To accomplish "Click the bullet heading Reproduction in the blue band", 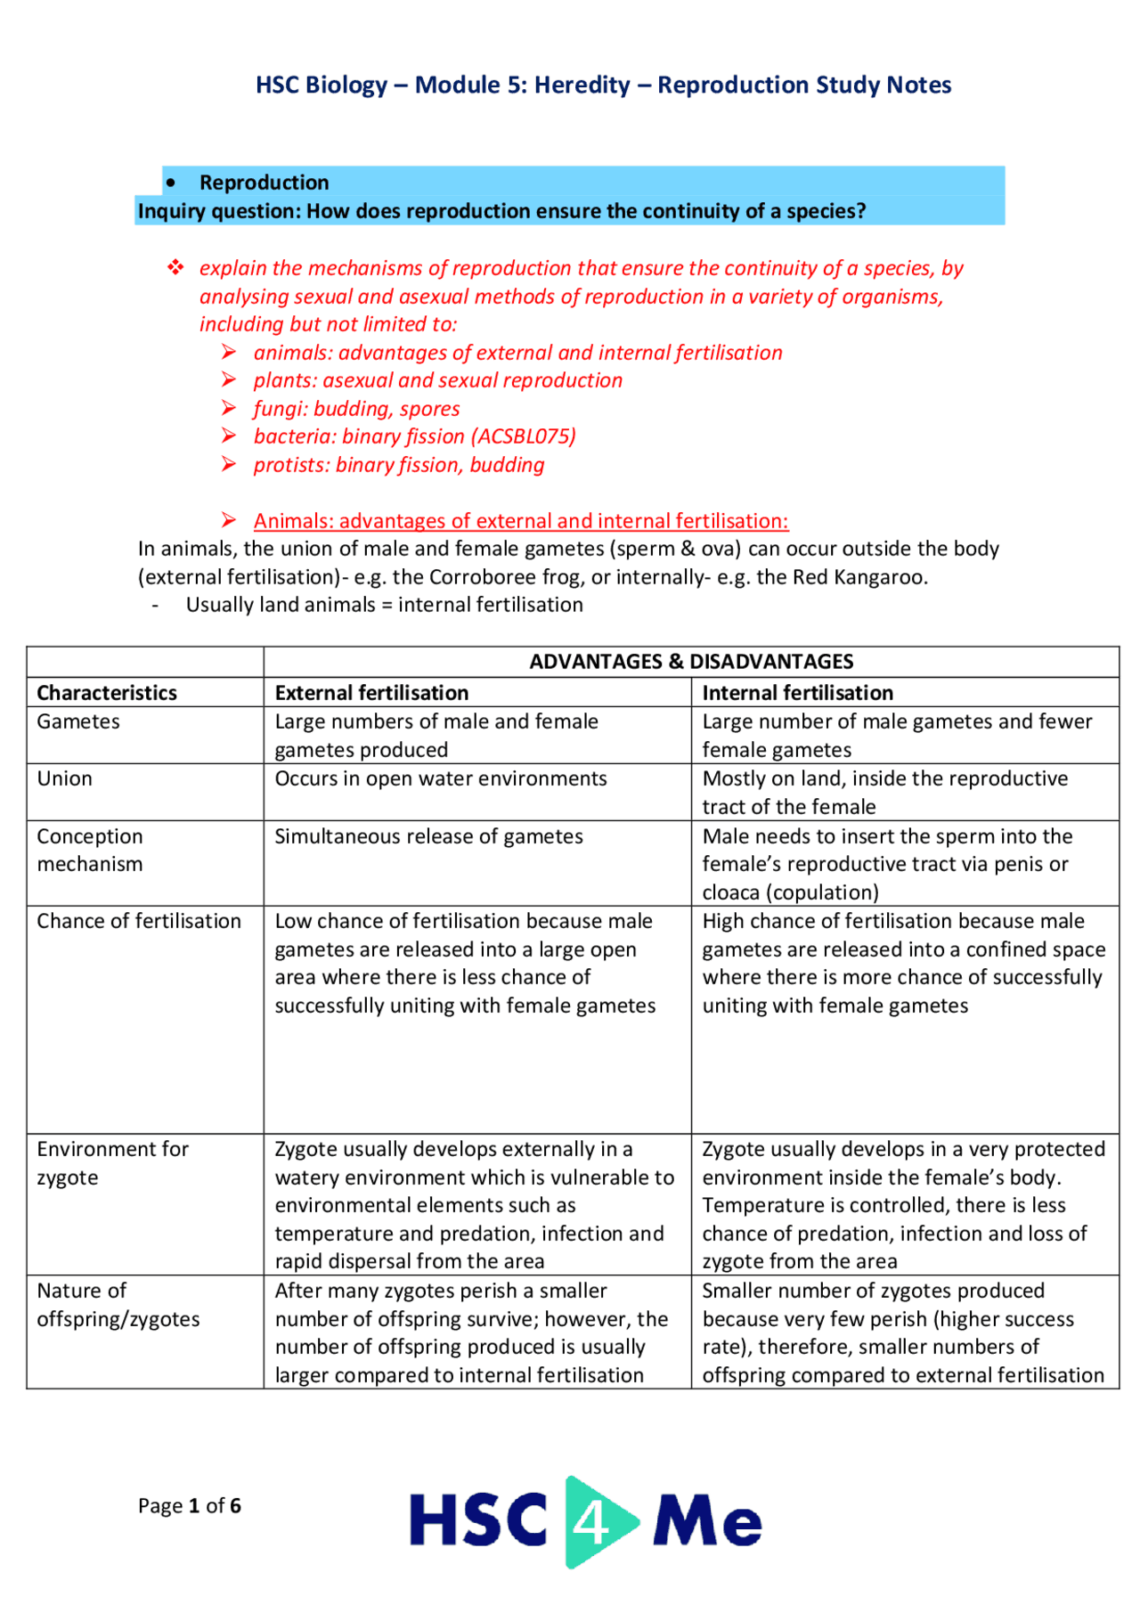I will click(x=264, y=183).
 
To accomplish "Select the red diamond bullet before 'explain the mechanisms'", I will click(x=175, y=267).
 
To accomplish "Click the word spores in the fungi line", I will click(x=429, y=409).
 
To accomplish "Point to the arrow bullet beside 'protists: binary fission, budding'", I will click(x=229, y=465).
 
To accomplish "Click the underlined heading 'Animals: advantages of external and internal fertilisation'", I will click(x=520, y=521).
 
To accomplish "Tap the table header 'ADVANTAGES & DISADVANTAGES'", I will click(x=691, y=662).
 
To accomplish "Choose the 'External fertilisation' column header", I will click(x=371, y=693).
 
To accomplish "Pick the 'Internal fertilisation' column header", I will click(x=797, y=693).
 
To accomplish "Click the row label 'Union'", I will click(x=64, y=778).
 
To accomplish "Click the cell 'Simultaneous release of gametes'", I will click(x=428, y=836).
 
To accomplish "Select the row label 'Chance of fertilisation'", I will click(x=139, y=921).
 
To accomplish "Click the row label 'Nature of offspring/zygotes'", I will click(x=118, y=1305).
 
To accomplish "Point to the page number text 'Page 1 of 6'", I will click(x=189, y=1506).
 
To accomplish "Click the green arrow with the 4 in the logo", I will click(x=595, y=1521).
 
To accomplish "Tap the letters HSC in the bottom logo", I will click(x=478, y=1520).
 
